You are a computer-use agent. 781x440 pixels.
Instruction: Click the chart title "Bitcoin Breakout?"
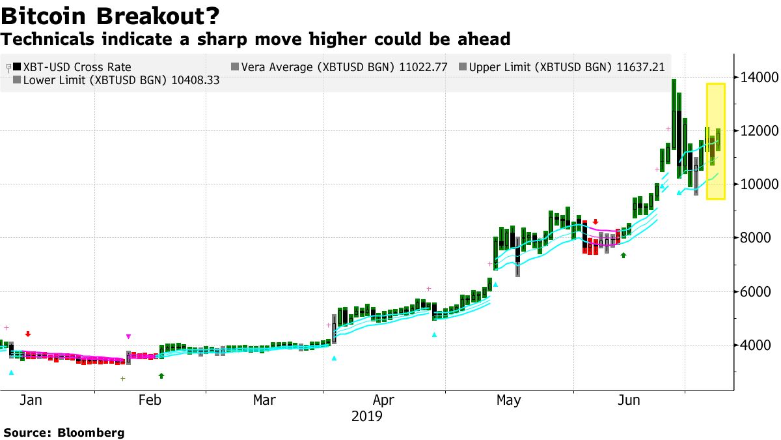[x=110, y=15]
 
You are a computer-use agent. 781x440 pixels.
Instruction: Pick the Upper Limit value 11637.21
[x=637, y=66]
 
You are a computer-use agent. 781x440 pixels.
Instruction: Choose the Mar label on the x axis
[x=264, y=400]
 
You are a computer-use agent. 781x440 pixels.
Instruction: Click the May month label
[x=508, y=400]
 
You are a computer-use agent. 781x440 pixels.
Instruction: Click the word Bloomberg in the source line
[x=90, y=433]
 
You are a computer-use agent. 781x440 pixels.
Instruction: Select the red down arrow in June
[x=595, y=222]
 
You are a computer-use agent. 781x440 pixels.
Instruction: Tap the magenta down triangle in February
[x=128, y=336]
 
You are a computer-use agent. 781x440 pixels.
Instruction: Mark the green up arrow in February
[x=161, y=375]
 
